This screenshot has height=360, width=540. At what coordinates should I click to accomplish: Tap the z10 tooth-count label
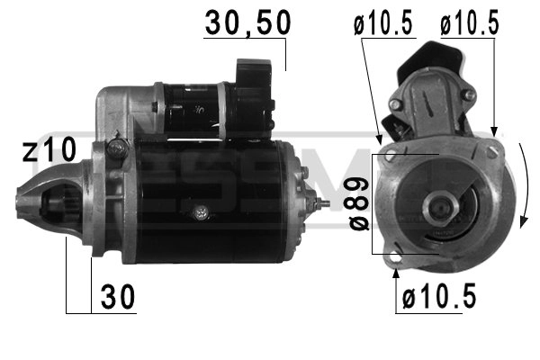[x=47, y=150]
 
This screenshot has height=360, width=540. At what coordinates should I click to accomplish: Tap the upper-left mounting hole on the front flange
[x=389, y=157]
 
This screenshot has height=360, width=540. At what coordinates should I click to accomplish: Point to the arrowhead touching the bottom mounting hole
[x=397, y=270]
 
